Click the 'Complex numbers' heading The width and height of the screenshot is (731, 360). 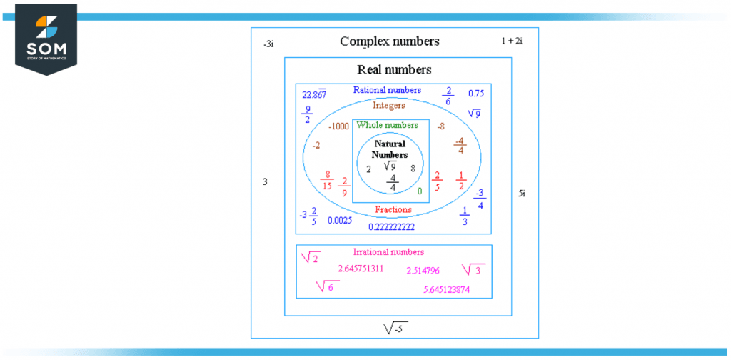(389, 41)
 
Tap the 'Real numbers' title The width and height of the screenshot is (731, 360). (394, 70)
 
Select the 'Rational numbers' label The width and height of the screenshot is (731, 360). (387, 91)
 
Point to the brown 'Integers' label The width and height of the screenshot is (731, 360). (388, 106)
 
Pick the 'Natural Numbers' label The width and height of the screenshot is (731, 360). (390, 149)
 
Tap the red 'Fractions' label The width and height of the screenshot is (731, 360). (393, 210)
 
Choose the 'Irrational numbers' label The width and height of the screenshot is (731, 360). (388, 252)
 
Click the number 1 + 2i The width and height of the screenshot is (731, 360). (512, 41)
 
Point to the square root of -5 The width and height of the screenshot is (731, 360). (395, 328)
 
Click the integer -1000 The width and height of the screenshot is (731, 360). (338, 127)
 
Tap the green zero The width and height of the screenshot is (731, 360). (419, 191)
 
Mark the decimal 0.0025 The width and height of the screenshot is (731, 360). (340, 221)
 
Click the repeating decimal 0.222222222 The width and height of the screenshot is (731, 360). (391, 226)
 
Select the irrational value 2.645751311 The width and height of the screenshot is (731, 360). (361, 269)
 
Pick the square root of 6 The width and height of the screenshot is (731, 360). (327, 286)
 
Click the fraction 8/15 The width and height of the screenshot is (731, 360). (327, 180)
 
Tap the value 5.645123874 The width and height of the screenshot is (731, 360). (446, 289)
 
